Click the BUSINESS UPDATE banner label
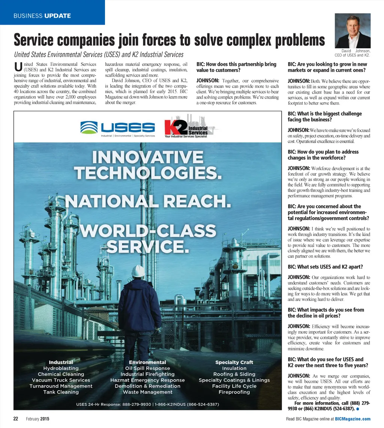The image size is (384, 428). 42,16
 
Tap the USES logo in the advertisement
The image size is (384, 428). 118,128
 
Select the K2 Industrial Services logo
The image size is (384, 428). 186,127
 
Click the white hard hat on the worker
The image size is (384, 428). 138,270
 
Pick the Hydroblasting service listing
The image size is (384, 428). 61,368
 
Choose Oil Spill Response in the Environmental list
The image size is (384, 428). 147,368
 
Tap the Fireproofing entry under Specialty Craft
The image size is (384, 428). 234,392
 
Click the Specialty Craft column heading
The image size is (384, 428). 234,362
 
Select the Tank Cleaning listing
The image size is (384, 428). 61,392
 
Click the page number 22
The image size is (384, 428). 16,419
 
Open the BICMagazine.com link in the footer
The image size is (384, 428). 352,419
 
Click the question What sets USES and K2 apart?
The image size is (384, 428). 325,267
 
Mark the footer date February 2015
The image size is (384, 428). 37,419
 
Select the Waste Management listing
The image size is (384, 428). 147,392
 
